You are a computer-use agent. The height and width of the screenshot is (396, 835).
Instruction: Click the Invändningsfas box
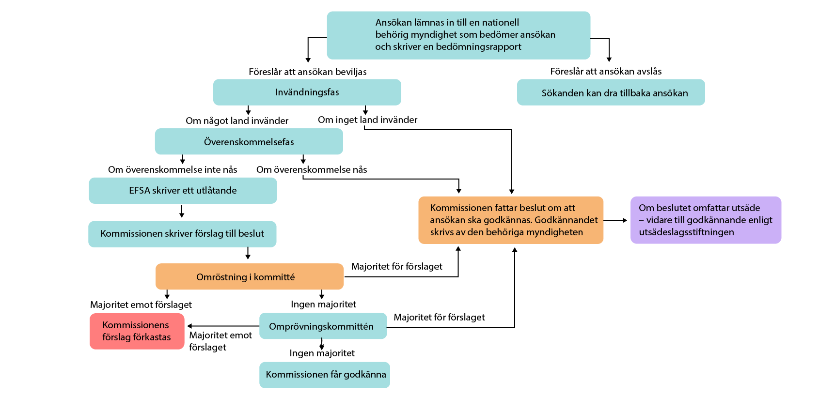[x=307, y=92]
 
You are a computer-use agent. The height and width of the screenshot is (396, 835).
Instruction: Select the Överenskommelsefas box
[x=249, y=141]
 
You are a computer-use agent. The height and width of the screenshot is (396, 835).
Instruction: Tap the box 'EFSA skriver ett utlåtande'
[x=183, y=190]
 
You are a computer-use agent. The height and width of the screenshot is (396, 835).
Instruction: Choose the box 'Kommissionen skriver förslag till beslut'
[x=182, y=234]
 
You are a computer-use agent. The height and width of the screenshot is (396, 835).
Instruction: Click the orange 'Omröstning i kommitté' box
[x=249, y=276]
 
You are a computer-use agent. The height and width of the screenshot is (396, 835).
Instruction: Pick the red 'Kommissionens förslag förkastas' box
[x=137, y=331]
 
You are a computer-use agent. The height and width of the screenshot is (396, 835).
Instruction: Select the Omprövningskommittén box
[x=323, y=326]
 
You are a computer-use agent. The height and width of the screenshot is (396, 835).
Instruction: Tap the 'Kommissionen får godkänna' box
[x=325, y=375]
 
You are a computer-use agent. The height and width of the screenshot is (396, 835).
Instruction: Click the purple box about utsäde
[x=705, y=220]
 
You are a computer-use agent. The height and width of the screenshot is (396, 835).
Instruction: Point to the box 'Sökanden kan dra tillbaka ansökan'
[x=611, y=92]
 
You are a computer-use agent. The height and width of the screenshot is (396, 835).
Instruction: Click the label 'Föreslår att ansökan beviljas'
[x=307, y=72]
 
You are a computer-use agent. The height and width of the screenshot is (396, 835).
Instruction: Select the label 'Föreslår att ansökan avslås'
[x=606, y=71]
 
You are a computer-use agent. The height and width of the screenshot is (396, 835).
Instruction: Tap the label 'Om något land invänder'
[x=237, y=121]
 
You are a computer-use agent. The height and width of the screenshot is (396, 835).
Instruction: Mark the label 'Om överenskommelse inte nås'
[x=173, y=169]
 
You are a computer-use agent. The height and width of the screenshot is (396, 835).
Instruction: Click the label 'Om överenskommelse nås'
[x=312, y=169]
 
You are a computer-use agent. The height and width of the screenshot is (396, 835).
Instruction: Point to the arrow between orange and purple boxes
[x=615, y=220]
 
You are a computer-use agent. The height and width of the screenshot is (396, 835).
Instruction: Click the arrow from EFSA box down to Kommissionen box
[x=182, y=212]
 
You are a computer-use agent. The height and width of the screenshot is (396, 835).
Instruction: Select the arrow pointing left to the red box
[x=223, y=326]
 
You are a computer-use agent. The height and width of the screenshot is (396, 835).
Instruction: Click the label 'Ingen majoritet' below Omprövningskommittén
[x=322, y=353]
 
